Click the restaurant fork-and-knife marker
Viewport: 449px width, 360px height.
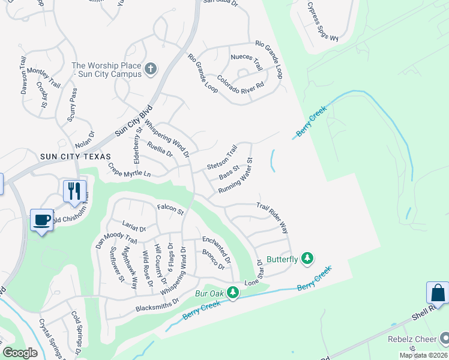tap(74, 191)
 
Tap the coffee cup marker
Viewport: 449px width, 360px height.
tap(41, 220)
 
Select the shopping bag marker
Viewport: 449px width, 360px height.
tap(438, 293)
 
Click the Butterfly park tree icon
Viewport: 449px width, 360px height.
tap(307, 259)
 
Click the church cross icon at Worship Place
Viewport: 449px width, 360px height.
tap(151, 70)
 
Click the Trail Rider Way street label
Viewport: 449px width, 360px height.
tap(273, 218)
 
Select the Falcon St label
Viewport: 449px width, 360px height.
tap(170, 209)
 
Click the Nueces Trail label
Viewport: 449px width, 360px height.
tap(246, 62)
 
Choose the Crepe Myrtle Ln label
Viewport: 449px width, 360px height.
tap(129, 169)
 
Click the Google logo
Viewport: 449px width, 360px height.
tap(20, 353)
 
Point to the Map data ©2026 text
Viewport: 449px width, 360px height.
tap(423, 355)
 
